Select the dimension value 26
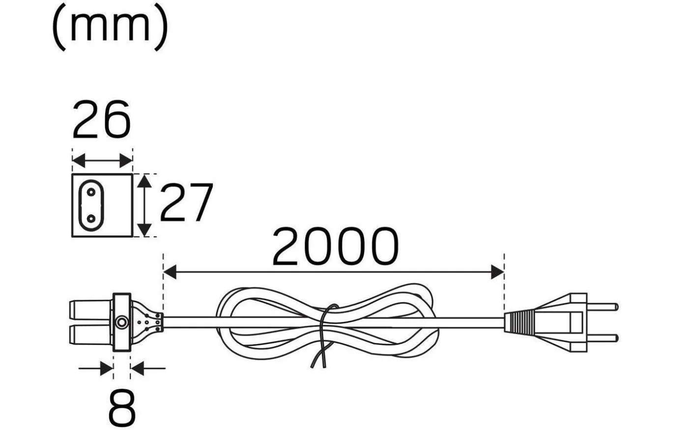click(102, 119)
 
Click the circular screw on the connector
click(121, 323)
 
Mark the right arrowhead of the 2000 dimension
click(498, 271)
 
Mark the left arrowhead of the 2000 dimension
click(170, 271)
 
